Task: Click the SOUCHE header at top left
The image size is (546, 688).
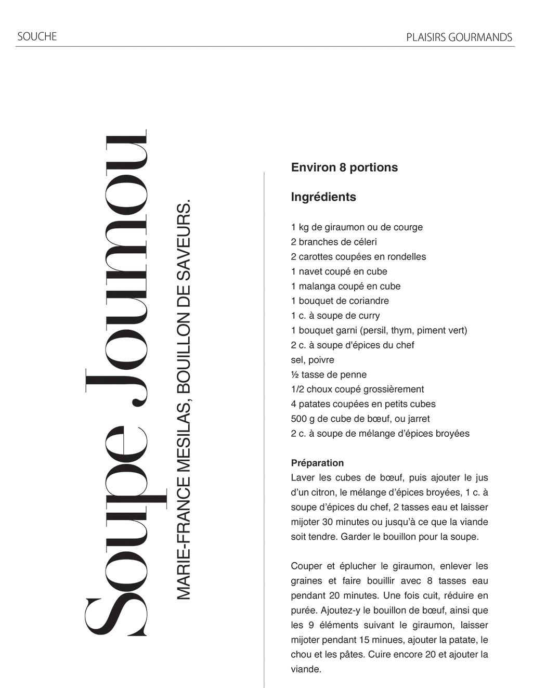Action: click(37, 36)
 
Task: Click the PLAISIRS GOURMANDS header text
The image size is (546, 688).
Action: click(459, 37)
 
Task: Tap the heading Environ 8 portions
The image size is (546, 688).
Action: click(344, 167)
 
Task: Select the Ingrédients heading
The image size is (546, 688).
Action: click(323, 197)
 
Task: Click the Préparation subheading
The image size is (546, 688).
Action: click(317, 463)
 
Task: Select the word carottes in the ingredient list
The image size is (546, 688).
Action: click(315, 257)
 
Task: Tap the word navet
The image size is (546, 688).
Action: click(311, 271)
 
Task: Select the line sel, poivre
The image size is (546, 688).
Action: click(313, 360)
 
